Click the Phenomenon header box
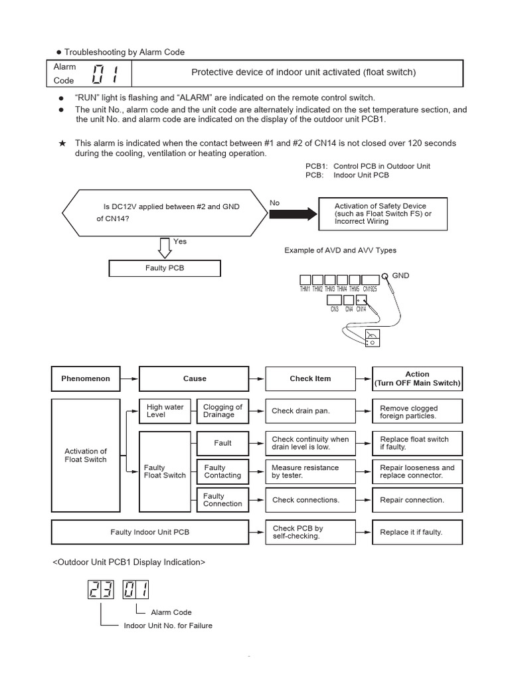(x=86, y=379)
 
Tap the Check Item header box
(x=310, y=379)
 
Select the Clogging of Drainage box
(x=222, y=411)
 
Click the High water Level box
(x=165, y=411)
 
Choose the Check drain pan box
(x=310, y=411)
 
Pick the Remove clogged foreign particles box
(x=417, y=412)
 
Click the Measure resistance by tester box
(x=310, y=471)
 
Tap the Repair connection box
(x=417, y=500)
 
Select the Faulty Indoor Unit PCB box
(x=150, y=532)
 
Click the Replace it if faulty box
(x=417, y=532)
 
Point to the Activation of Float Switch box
(x=86, y=456)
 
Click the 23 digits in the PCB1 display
(x=101, y=590)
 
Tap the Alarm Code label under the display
(x=171, y=612)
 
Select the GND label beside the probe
(x=401, y=274)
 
